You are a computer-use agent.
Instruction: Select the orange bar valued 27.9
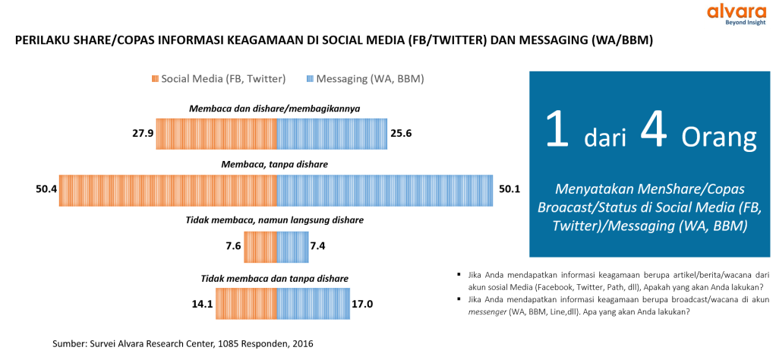216,133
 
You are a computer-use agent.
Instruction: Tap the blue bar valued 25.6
332,133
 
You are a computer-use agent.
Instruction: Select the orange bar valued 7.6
260,246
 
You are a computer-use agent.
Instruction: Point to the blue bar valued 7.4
292,246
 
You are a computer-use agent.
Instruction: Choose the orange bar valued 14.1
246,302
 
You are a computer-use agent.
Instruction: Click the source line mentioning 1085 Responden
182,344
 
